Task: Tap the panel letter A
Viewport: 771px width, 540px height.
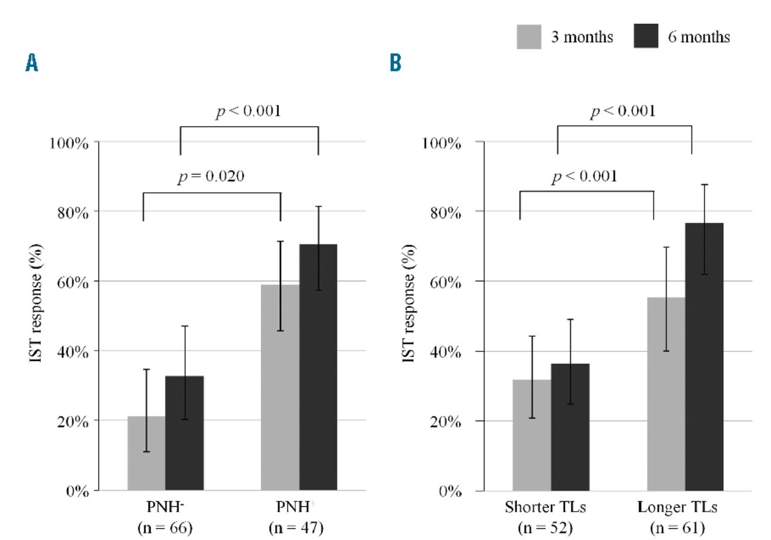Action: coord(31,63)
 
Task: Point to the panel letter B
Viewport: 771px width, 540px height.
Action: coord(396,63)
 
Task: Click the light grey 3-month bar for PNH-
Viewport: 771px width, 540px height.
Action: coord(146,453)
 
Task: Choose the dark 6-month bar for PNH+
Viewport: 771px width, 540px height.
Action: coord(318,367)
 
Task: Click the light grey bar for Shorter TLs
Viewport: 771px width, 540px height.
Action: coord(532,435)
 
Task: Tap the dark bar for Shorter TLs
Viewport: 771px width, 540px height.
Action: coord(570,427)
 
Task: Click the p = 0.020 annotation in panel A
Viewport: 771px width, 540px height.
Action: coord(212,177)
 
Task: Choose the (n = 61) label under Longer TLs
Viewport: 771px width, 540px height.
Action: coord(678,529)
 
